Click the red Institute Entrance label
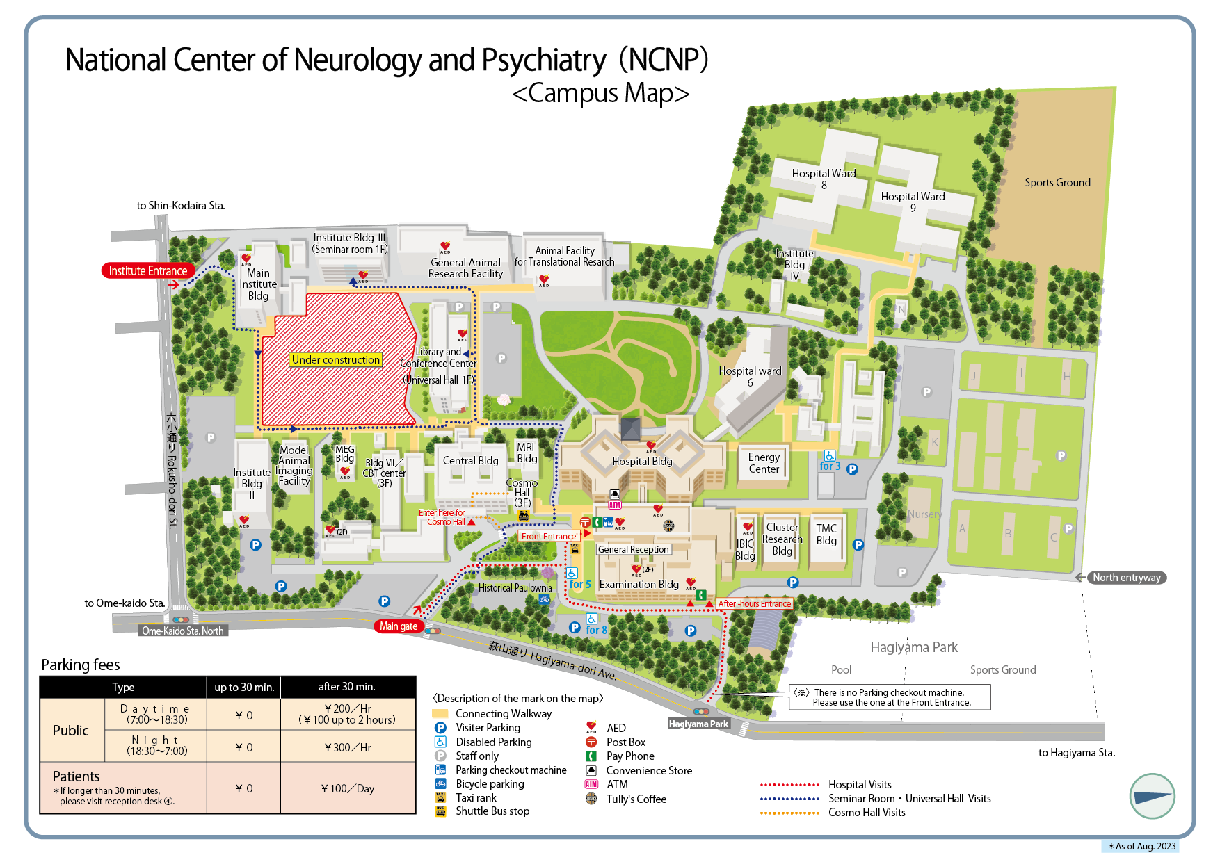click(x=147, y=271)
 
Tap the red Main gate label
click(x=399, y=626)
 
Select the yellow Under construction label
click(x=336, y=359)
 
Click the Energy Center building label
click(x=764, y=463)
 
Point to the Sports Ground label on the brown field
click(x=1057, y=183)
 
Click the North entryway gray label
click(x=1126, y=578)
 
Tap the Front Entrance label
click(x=549, y=536)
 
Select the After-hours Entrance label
click(x=754, y=604)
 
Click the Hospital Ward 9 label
click(x=913, y=202)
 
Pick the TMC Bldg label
click(x=826, y=535)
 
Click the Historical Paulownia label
click(x=515, y=588)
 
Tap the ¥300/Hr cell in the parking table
click(x=348, y=747)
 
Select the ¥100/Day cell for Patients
click(x=348, y=788)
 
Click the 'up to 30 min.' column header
click(x=244, y=687)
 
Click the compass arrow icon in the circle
click(x=1152, y=797)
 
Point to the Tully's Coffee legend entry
click(x=636, y=799)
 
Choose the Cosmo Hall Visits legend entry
click(x=867, y=813)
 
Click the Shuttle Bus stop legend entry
click(x=492, y=811)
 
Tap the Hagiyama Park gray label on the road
click(x=698, y=724)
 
